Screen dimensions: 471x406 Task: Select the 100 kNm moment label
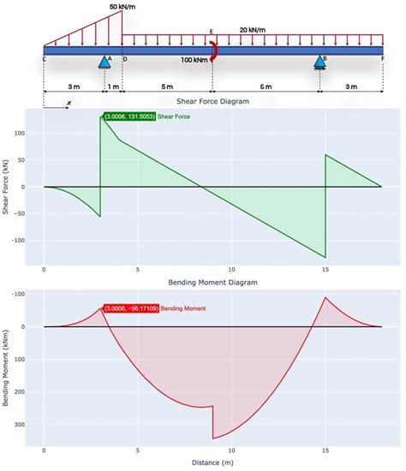click(194, 60)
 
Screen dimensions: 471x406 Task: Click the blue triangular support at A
click(104, 61)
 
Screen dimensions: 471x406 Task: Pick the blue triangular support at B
click(319, 61)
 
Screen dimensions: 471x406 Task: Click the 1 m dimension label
click(113, 87)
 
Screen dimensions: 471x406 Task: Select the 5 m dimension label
click(167, 87)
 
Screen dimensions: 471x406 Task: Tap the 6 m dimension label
click(266, 87)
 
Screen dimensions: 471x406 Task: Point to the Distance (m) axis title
click(213, 462)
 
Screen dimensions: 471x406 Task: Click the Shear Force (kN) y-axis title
click(7, 185)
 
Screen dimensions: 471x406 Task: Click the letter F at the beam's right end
click(382, 58)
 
